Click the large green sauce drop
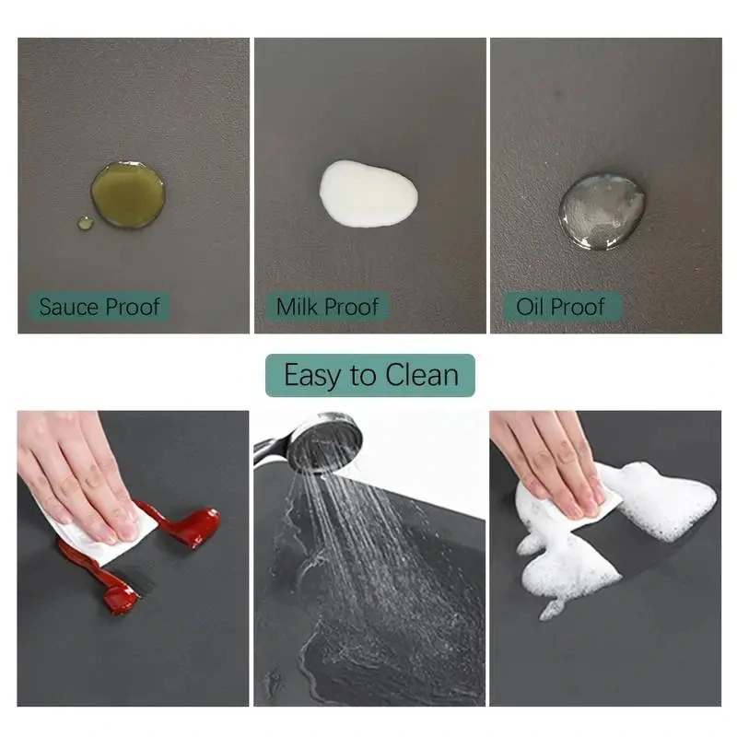click(128, 195)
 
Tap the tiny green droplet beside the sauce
click(85, 223)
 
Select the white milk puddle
click(368, 193)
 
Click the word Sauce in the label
click(68, 307)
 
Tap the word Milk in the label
click(298, 307)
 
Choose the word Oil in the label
click(531, 307)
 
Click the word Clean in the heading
click(422, 375)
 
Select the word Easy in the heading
click(310, 376)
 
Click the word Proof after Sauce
click(133, 307)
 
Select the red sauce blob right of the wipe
click(188, 524)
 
